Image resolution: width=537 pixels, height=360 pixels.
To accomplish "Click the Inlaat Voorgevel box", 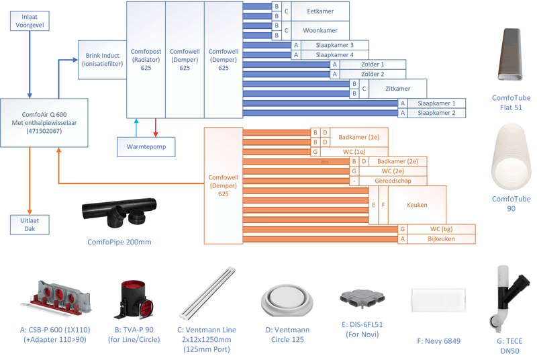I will pos(29,21).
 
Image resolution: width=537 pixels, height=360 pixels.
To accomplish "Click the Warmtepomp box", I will pos(146,146).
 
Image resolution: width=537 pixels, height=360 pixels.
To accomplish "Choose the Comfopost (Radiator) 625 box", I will pos(146,59).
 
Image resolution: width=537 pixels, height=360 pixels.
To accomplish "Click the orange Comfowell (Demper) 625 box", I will pos(223,185).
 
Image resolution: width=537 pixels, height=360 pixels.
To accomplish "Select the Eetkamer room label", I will pos(320,11).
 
